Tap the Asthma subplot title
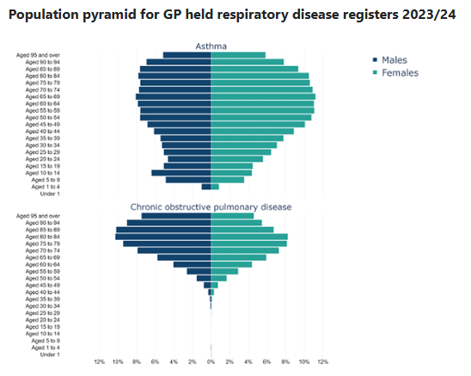211,46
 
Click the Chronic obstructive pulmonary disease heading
211,207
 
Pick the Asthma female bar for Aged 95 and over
238,55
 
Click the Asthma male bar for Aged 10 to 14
181,173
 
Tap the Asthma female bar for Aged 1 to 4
215,187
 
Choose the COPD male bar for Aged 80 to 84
163,237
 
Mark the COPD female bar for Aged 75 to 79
248,243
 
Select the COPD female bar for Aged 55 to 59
224,271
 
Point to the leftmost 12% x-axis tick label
99,362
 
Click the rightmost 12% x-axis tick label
323,362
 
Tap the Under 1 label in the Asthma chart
50,194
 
